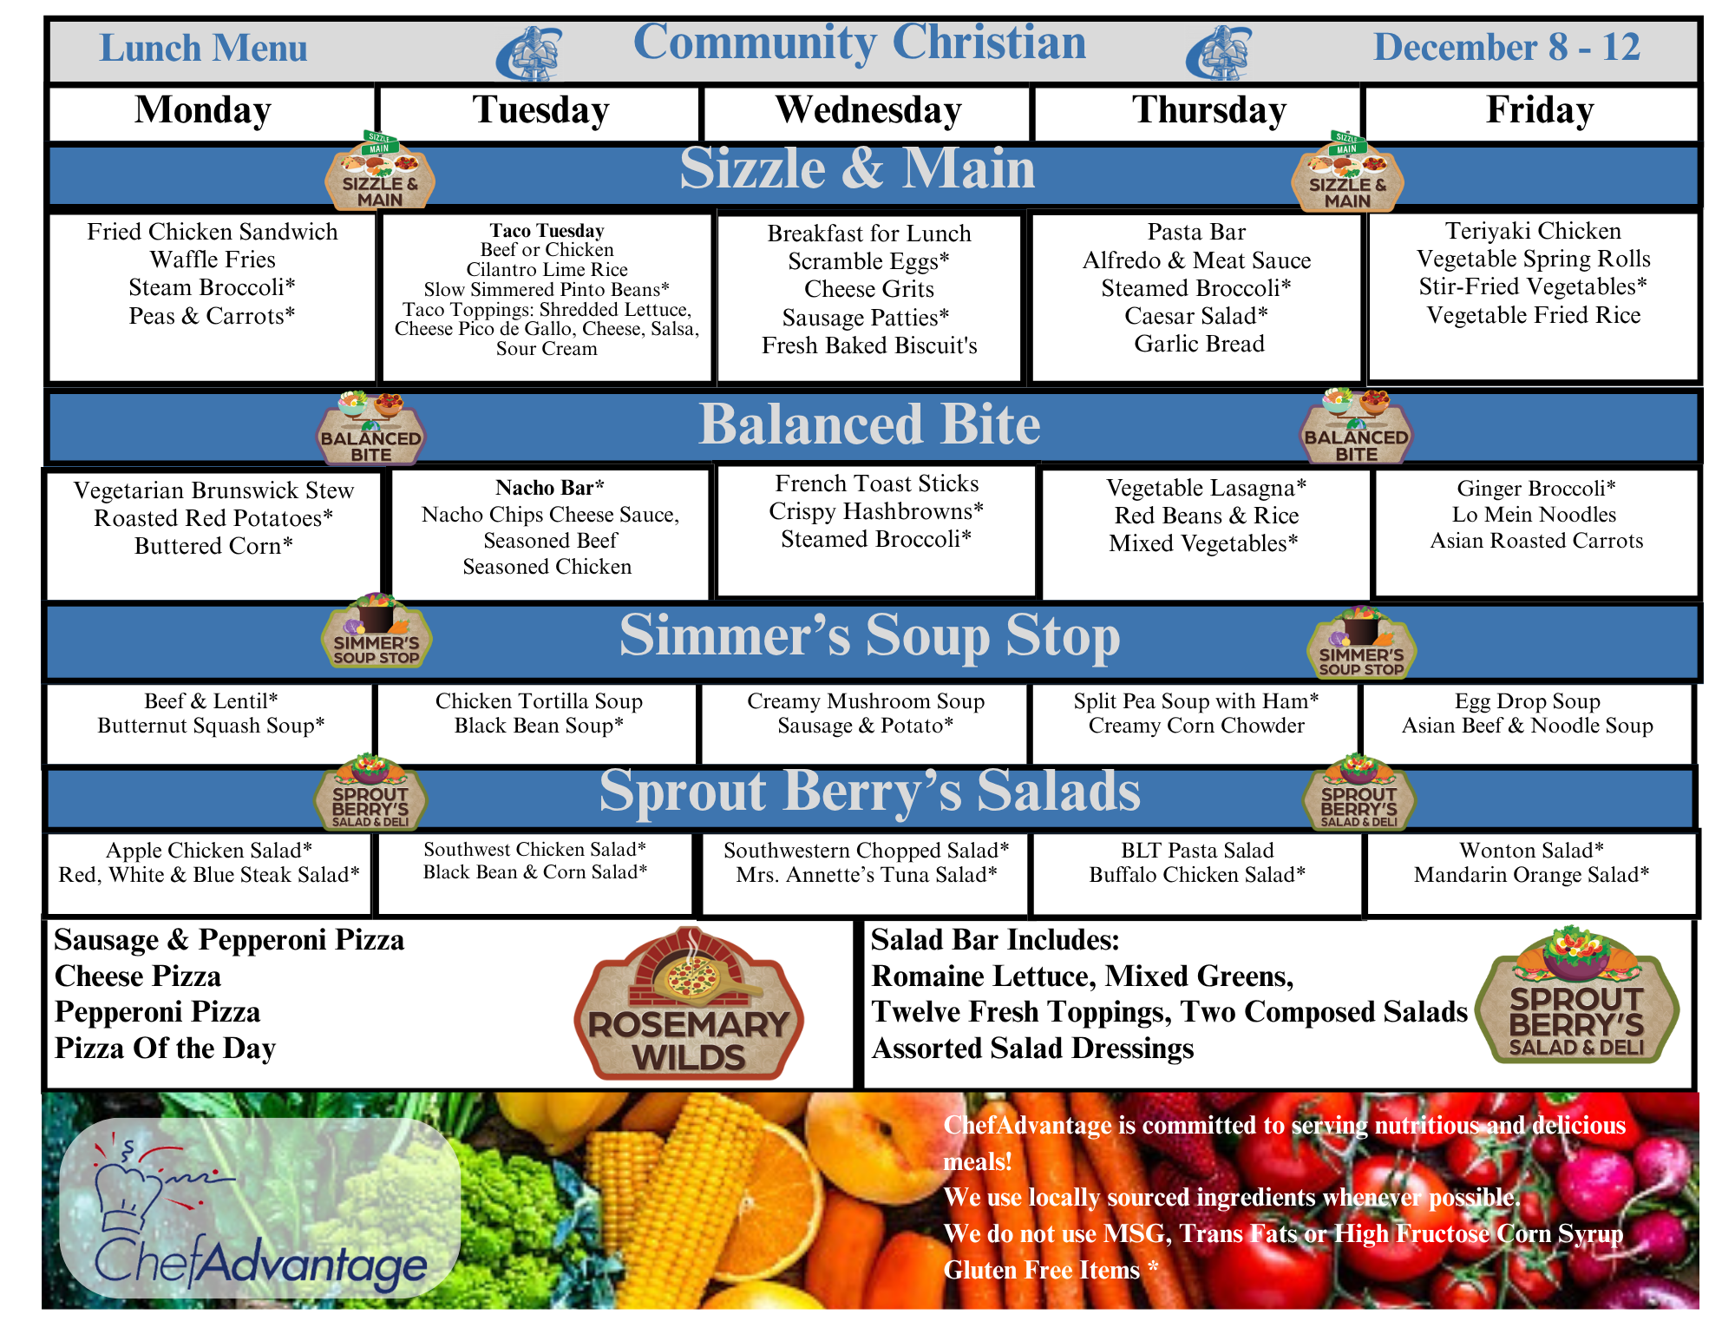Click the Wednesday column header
coord(868,111)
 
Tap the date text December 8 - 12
coord(1507,47)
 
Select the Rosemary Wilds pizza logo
coord(689,1003)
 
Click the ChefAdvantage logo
coord(259,1208)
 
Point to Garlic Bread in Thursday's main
coord(1199,344)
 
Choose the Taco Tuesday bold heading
coord(547,231)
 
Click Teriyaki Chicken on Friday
coord(1533,231)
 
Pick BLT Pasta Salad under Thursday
coord(1197,851)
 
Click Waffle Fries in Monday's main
coord(213,260)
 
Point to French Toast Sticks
coord(876,483)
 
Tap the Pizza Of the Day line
coord(165,1048)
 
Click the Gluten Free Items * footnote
coord(1051,1270)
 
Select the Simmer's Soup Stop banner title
coord(869,636)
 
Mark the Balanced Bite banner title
coord(869,424)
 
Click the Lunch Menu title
coord(204,48)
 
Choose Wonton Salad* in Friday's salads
coord(1531,851)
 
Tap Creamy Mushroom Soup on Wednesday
coord(866,700)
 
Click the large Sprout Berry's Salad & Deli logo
coord(1577,996)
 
